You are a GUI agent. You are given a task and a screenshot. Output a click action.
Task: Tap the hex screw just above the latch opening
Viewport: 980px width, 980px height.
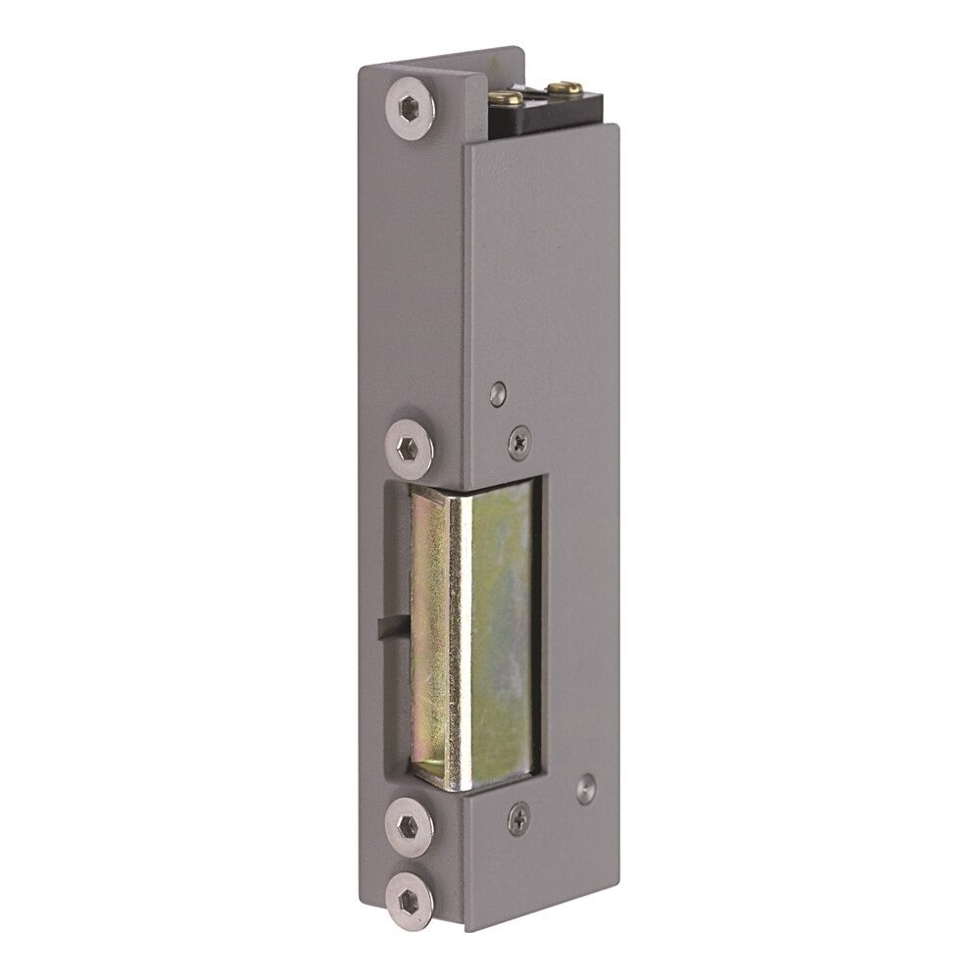click(x=410, y=449)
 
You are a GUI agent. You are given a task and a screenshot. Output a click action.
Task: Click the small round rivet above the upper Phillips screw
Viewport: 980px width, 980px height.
click(x=498, y=394)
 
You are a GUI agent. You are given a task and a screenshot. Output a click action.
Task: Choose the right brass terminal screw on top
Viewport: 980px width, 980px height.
click(x=560, y=88)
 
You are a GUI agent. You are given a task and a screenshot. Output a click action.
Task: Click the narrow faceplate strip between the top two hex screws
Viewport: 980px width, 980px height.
click(x=412, y=274)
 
